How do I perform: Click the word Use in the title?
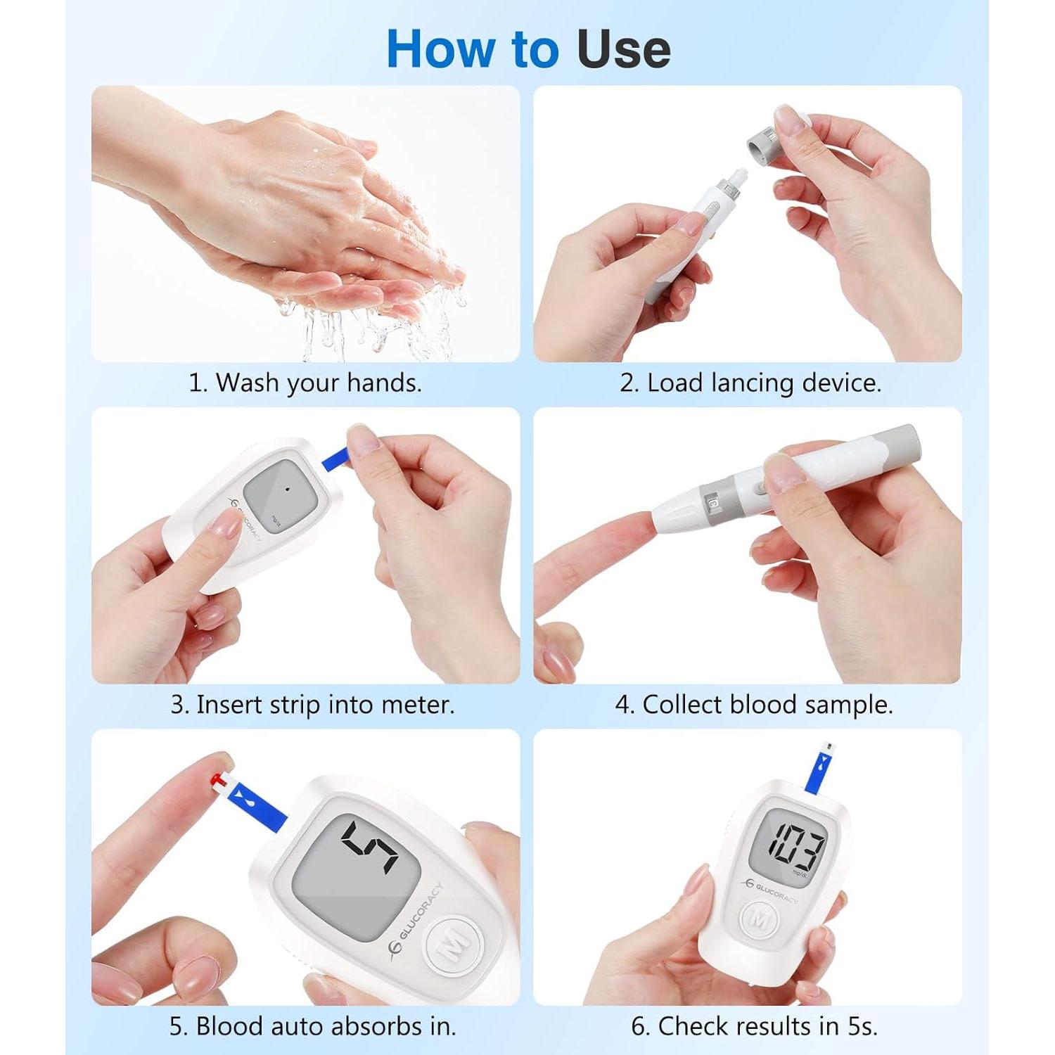coord(623,49)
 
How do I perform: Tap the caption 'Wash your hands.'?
coord(305,383)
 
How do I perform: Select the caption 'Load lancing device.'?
coord(750,383)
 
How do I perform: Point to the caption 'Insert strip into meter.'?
coord(312,704)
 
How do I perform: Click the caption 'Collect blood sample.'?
coord(754,704)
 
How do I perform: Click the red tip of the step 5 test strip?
coord(220,779)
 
